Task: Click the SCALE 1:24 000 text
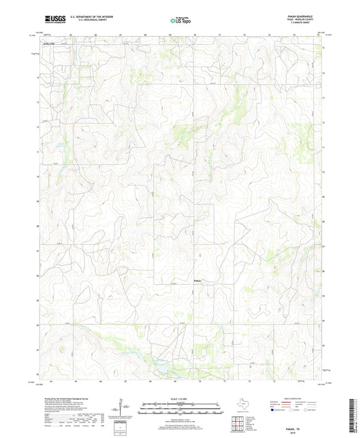pos(180,390)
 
